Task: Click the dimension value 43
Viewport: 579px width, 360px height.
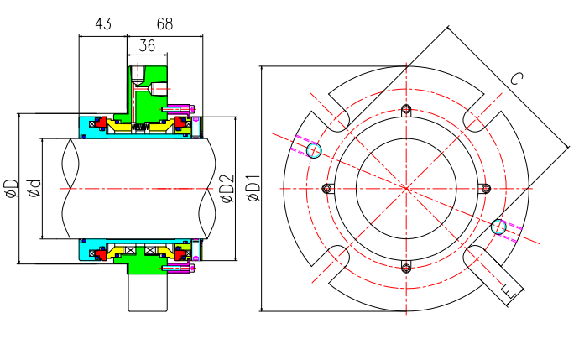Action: click(103, 24)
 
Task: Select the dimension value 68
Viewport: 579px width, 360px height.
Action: click(164, 24)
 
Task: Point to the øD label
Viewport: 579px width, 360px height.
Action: click(11, 189)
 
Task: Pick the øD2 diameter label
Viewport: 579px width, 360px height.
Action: click(226, 189)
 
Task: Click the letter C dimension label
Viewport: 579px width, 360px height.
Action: click(516, 80)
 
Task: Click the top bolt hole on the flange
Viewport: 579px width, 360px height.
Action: click(406, 109)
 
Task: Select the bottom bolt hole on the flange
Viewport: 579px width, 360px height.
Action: click(406, 268)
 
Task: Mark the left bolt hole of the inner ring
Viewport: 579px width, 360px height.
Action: click(327, 188)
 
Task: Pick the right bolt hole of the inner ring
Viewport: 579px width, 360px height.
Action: click(485, 188)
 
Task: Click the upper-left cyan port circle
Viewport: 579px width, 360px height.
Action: click(314, 150)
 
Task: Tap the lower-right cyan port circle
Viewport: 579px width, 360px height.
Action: click(498, 226)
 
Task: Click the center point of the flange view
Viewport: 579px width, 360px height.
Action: click(406, 188)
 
